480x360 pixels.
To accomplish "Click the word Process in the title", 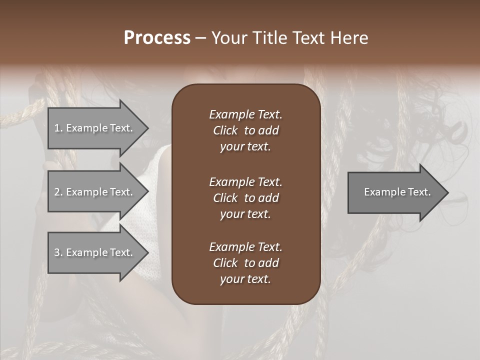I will pos(157,38).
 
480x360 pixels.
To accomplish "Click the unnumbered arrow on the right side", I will pos(397,192).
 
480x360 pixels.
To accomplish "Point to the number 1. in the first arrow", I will pos(58,128).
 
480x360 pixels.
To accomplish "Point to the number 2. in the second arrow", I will pos(58,192).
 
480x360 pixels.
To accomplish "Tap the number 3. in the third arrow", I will pos(58,252).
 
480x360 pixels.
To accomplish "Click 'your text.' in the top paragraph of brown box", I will pos(245,147).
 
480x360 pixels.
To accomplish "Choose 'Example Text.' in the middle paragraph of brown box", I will pos(245,182).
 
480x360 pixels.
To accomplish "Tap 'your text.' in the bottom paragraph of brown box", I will pos(245,279).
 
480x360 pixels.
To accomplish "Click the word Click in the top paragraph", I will pos(225,131).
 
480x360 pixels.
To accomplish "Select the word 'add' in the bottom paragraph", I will pos(269,263).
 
